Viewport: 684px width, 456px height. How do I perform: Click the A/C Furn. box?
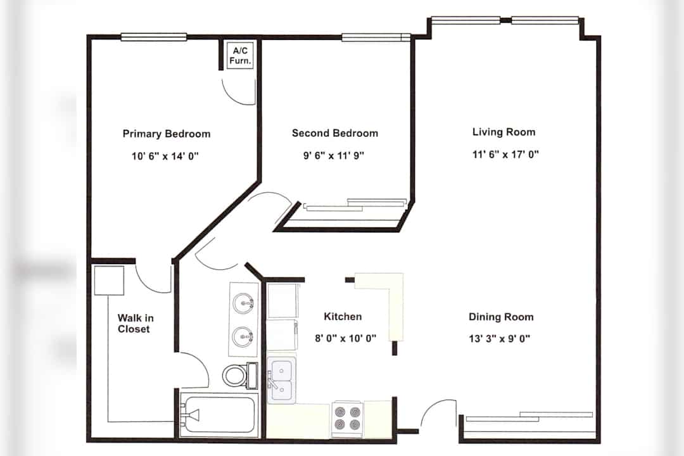click(x=241, y=56)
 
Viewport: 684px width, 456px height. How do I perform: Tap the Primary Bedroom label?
click(x=167, y=134)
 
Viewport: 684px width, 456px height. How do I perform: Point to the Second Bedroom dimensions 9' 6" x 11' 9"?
click(x=334, y=155)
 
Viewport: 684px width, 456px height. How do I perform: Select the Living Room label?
click(x=504, y=132)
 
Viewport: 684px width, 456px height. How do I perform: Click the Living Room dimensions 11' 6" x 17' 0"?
click(x=505, y=155)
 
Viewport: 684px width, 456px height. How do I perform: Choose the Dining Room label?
click(x=501, y=317)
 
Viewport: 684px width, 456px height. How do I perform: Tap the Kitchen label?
click(x=343, y=317)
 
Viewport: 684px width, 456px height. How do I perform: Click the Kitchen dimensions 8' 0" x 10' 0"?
click(x=346, y=338)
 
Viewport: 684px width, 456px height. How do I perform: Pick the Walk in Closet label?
click(x=136, y=324)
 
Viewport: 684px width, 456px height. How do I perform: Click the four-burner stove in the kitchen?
click(x=347, y=417)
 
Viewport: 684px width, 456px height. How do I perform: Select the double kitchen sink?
click(x=281, y=380)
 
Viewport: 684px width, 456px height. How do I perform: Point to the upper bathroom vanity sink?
click(x=243, y=303)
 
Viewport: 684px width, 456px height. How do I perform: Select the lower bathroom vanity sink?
click(x=243, y=336)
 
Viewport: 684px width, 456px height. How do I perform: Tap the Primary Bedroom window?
click(x=153, y=37)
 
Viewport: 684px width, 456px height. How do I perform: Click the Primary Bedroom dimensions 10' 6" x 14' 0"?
click(x=165, y=156)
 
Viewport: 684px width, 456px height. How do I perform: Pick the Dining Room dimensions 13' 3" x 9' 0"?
click(x=500, y=339)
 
